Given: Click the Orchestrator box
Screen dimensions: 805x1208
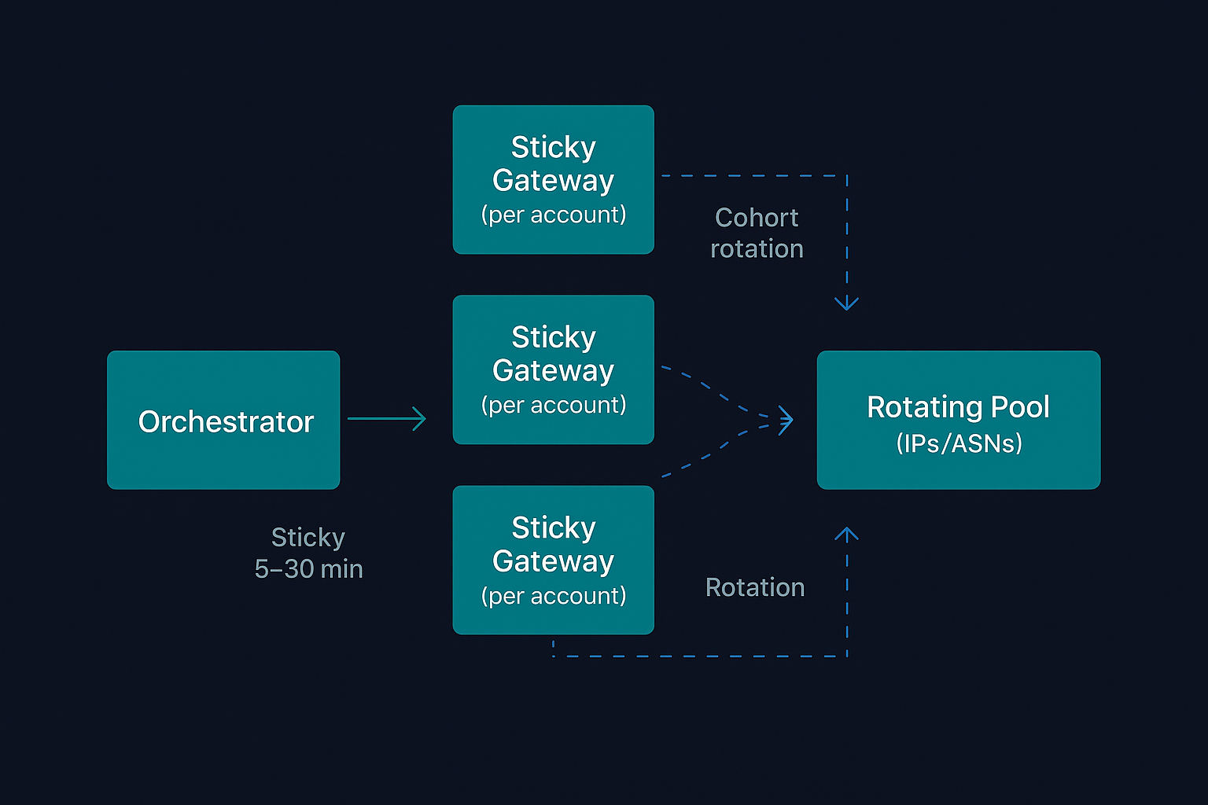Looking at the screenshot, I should pyautogui.click(x=223, y=420).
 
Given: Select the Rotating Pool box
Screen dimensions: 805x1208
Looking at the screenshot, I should pyautogui.click(x=958, y=420).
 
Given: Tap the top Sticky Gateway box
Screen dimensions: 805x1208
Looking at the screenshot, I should pyautogui.click(x=553, y=179).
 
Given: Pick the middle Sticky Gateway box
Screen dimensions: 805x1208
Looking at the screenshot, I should pyautogui.click(x=553, y=369).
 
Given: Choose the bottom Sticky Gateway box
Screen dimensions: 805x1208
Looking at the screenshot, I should pyautogui.click(x=553, y=560).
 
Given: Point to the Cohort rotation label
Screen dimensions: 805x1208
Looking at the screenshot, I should pyautogui.click(x=757, y=233).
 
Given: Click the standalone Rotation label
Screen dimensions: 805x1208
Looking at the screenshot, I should pyautogui.click(x=755, y=587).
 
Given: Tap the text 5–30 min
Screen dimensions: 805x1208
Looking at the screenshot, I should pyautogui.click(x=308, y=568).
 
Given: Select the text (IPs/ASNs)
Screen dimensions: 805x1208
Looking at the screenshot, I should pyautogui.click(x=959, y=443).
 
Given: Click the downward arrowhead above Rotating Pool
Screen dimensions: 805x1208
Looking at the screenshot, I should pyautogui.click(x=846, y=303).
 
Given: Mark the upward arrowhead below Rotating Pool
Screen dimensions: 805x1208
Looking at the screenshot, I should pyautogui.click(x=846, y=535).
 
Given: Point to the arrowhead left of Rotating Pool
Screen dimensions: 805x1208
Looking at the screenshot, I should pyautogui.click(x=786, y=421).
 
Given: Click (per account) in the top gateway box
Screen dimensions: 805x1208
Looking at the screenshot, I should pyautogui.click(x=553, y=215).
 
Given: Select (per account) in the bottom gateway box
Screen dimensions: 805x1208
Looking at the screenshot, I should pyautogui.click(x=553, y=596).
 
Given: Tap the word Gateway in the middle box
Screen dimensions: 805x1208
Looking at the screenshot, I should pyautogui.click(x=553, y=370).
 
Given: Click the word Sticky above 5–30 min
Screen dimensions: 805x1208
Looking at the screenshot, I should pyautogui.click(x=308, y=537).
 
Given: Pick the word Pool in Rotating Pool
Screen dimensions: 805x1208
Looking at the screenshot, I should pyautogui.click(x=1020, y=407).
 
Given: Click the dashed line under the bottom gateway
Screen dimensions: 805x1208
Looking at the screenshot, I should pyautogui.click(x=700, y=656).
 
